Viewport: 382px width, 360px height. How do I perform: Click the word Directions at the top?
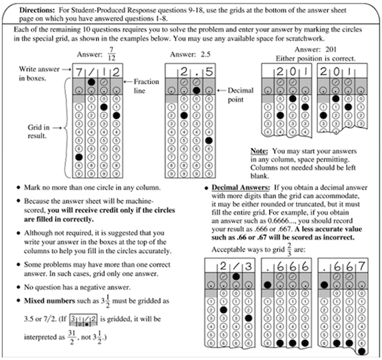click(x=37, y=10)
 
